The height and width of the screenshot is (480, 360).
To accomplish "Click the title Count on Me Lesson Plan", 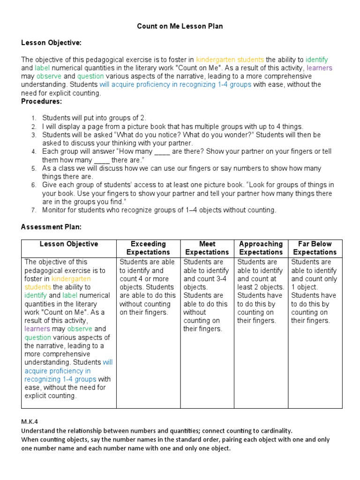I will tap(180, 26).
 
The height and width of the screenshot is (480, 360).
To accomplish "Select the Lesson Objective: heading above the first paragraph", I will tap(51, 43).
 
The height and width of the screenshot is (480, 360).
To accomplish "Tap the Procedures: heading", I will tap(41, 101).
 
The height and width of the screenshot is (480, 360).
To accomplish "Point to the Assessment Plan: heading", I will tap(51, 227).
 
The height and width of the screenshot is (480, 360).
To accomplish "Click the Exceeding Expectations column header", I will tap(148, 248).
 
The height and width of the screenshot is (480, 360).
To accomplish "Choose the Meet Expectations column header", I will tap(207, 248).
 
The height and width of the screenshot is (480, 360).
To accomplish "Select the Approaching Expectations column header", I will tap(261, 248).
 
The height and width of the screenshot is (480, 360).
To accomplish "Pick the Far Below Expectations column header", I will tap(315, 248).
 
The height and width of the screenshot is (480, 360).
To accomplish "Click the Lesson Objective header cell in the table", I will tap(69, 244).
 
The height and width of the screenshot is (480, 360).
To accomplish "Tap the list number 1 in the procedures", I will tap(34, 118).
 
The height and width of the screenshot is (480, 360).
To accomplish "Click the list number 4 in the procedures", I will tap(34, 152).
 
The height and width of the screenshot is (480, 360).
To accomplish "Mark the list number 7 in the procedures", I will tap(34, 210).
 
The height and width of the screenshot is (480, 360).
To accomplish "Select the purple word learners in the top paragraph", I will tap(319, 68).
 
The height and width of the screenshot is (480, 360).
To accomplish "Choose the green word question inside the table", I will tap(41, 337).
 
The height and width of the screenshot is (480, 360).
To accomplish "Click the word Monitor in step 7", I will tap(55, 210).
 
